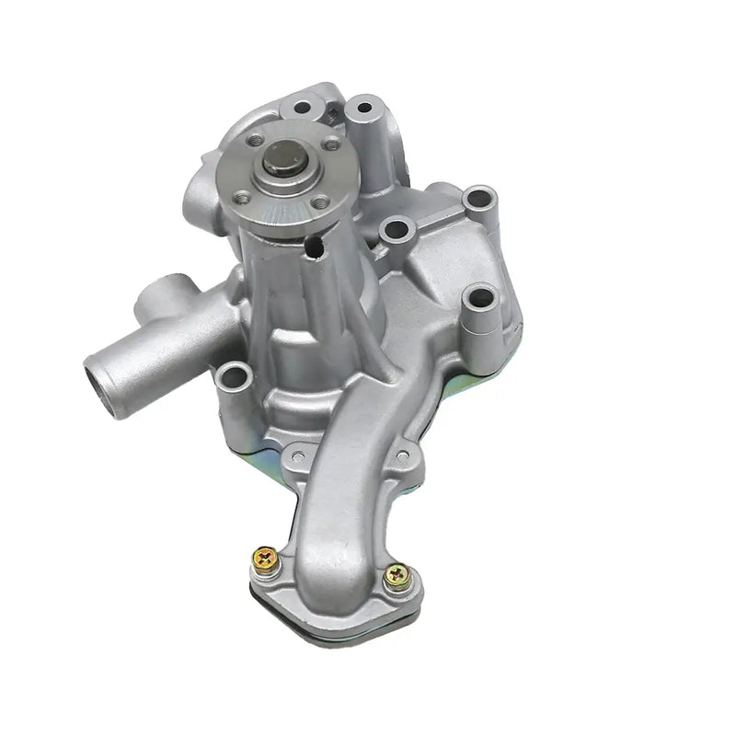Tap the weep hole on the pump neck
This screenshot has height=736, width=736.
315,247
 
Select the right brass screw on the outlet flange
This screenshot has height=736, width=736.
398,575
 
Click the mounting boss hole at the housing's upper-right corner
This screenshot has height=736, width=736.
478,197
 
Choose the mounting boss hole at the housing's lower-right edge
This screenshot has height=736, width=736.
482,298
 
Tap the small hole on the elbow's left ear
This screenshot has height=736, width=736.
294,453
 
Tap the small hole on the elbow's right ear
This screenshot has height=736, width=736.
401,454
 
